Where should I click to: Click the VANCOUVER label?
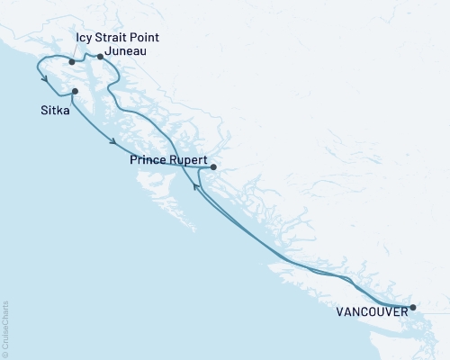(x=370, y=314)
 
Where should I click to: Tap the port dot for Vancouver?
(x=413, y=308)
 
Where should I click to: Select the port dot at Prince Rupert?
(x=212, y=166)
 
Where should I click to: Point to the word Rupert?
(x=189, y=160)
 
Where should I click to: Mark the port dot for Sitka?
(x=75, y=91)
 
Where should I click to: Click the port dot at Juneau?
(x=100, y=57)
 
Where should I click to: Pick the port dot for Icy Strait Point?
(x=71, y=62)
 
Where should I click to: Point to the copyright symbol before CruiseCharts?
(x=6, y=353)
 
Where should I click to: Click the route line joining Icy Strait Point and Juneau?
(x=86, y=58)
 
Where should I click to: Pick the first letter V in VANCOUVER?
(x=339, y=314)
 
